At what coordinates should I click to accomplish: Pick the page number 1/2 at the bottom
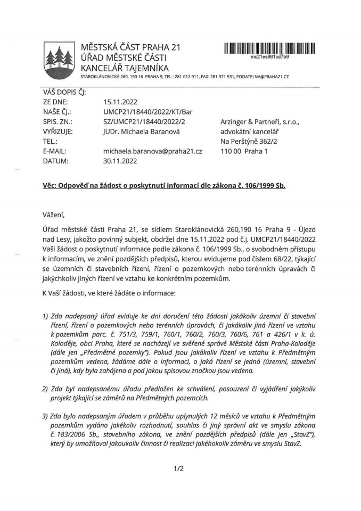click(178, 468)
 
